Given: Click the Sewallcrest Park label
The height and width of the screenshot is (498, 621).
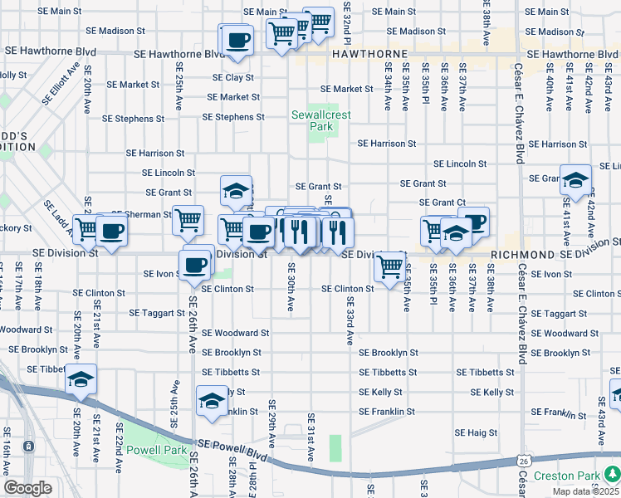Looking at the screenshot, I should [x=312, y=120].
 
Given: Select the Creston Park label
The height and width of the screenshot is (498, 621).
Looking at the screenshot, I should [x=566, y=476].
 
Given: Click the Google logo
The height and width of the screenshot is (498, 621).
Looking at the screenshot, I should [x=27, y=488].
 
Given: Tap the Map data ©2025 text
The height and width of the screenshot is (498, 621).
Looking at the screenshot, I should [x=584, y=491].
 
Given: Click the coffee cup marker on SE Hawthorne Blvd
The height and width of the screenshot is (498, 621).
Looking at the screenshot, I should [x=237, y=39].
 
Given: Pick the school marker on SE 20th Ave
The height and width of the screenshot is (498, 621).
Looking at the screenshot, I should [x=81, y=378].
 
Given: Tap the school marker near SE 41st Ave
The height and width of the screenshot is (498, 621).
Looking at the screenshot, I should [x=575, y=179].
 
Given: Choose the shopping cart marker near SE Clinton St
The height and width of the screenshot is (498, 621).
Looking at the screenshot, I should [x=389, y=266].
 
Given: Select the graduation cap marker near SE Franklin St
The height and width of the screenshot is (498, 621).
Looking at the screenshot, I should [x=212, y=401].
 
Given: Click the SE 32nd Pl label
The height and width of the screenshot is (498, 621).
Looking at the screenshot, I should [x=348, y=23].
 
